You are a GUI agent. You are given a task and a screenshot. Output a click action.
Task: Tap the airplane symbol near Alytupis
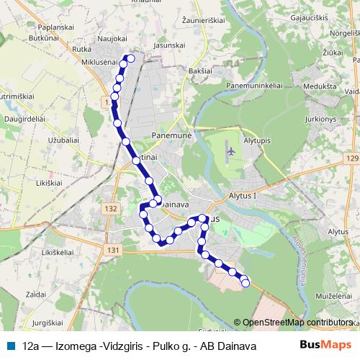230,150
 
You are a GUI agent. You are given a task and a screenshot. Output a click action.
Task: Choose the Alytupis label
260,141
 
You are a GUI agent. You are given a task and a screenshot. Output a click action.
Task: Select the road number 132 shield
110,209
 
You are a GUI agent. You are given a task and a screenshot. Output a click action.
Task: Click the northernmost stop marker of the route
130,58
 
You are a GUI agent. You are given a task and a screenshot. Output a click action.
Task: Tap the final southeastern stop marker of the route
245,283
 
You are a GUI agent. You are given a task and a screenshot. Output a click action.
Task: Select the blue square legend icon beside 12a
10,346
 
